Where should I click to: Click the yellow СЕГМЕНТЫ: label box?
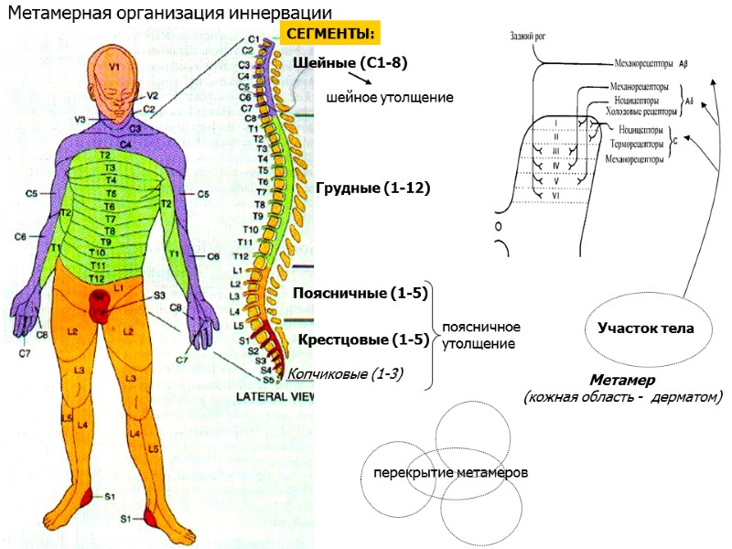(330, 34)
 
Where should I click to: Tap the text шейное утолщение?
(390, 96)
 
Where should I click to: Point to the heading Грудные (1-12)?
(372, 188)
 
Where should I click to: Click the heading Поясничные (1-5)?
(361, 294)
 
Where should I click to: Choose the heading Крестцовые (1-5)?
(363, 340)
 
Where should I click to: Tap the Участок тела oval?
(645, 328)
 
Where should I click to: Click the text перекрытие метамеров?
(450, 473)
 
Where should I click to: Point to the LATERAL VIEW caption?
(275, 397)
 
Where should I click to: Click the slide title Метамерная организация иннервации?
(169, 12)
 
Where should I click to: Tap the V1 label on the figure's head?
(114, 67)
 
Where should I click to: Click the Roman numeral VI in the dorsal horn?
(555, 195)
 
